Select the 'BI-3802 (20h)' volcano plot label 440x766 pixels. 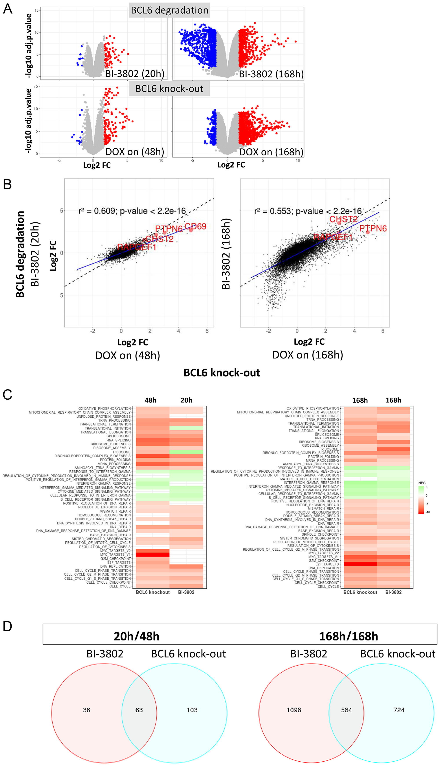(135, 74)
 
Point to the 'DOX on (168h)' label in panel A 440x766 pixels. (271, 152)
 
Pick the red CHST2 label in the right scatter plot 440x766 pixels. (343, 219)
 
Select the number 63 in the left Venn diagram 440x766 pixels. (139, 710)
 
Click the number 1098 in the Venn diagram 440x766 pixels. (294, 710)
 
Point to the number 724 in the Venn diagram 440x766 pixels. (399, 710)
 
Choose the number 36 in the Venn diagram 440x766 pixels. (86, 710)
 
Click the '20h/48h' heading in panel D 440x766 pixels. (137, 637)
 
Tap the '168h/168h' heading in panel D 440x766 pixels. (348, 637)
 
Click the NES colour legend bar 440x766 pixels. (421, 500)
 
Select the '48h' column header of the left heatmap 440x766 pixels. (150, 400)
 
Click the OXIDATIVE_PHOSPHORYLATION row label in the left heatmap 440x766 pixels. (104, 409)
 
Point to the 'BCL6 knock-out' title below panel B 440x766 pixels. (222, 373)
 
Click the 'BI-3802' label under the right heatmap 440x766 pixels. (393, 592)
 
